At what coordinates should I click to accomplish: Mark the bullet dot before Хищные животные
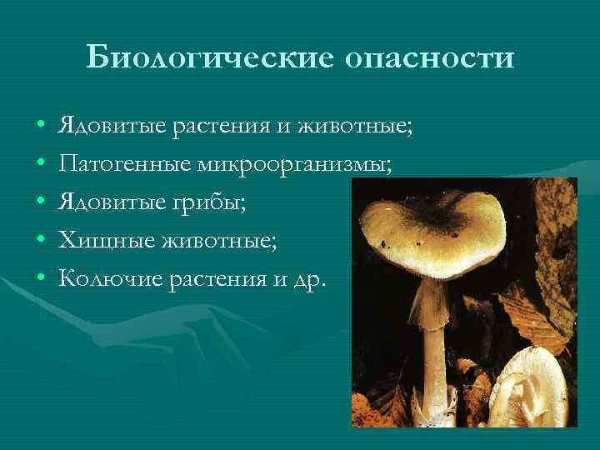41,241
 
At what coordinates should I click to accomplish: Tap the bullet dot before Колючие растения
41,277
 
